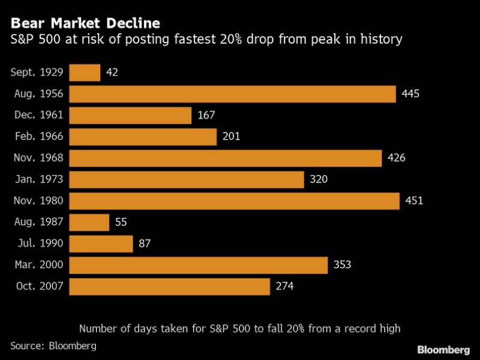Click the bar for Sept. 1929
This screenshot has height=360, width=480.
click(x=85, y=73)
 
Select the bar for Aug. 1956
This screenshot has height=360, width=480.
click(x=232, y=94)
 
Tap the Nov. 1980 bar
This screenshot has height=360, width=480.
click(x=234, y=201)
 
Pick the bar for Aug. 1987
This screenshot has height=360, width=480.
click(x=89, y=223)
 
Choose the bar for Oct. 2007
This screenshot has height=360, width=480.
click(x=169, y=287)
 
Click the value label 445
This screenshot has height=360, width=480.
click(x=411, y=94)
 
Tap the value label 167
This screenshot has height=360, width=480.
click(x=206, y=115)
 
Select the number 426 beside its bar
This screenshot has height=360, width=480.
click(x=397, y=158)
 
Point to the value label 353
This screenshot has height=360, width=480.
click(x=343, y=265)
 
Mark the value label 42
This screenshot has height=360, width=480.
click(x=112, y=73)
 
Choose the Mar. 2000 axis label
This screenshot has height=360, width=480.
click(x=39, y=265)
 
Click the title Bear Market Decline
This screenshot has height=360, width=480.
click(x=85, y=24)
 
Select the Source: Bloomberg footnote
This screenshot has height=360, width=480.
click(x=53, y=346)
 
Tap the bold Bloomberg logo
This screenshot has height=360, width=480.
click(x=443, y=349)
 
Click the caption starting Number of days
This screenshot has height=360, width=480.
click(x=239, y=328)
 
